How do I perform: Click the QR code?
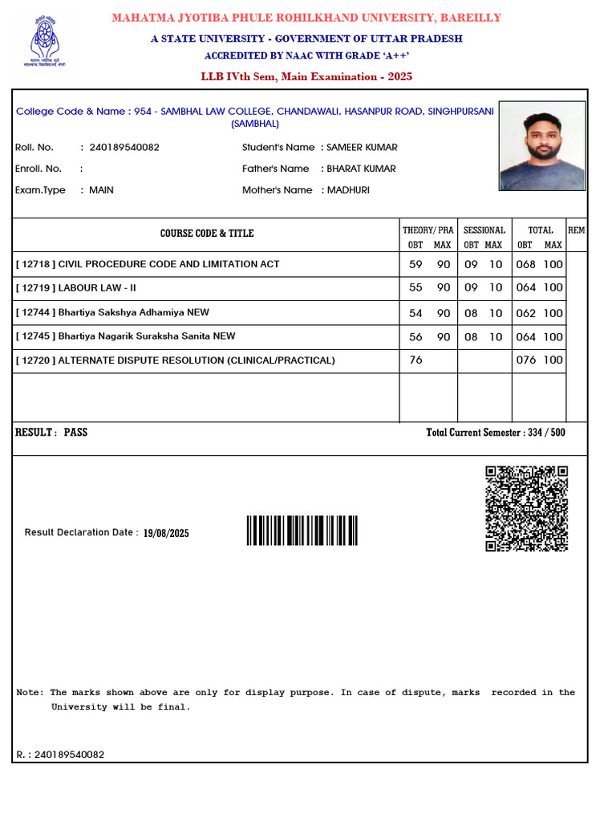(527, 508)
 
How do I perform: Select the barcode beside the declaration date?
(302, 531)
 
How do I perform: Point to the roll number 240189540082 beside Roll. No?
(124, 147)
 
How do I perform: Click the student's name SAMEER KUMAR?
(362, 147)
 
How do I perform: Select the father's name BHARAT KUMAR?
(361, 169)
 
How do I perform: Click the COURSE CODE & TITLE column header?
(207, 234)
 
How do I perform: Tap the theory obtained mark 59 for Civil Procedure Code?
(415, 264)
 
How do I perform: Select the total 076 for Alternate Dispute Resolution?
(526, 360)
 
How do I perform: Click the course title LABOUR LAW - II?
(97, 287)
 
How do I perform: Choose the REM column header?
(576, 231)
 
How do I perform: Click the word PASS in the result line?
(75, 433)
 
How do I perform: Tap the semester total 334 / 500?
(546, 433)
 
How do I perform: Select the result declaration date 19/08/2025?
(166, 533)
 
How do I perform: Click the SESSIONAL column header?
(484, 230)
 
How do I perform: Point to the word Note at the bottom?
(30, 692)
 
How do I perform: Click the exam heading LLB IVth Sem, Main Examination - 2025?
(306, 76)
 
